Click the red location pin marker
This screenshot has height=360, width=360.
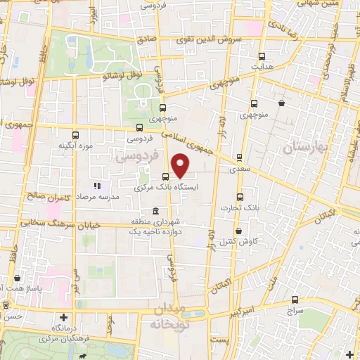181,165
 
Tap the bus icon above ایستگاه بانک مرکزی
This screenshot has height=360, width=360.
165,177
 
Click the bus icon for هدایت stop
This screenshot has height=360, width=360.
262,57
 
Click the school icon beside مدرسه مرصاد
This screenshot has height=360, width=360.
98,186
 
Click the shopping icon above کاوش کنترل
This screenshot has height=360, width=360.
238,231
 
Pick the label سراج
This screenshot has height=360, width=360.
293,310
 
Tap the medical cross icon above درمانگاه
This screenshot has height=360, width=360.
64,318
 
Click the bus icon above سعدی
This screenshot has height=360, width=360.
239,157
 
